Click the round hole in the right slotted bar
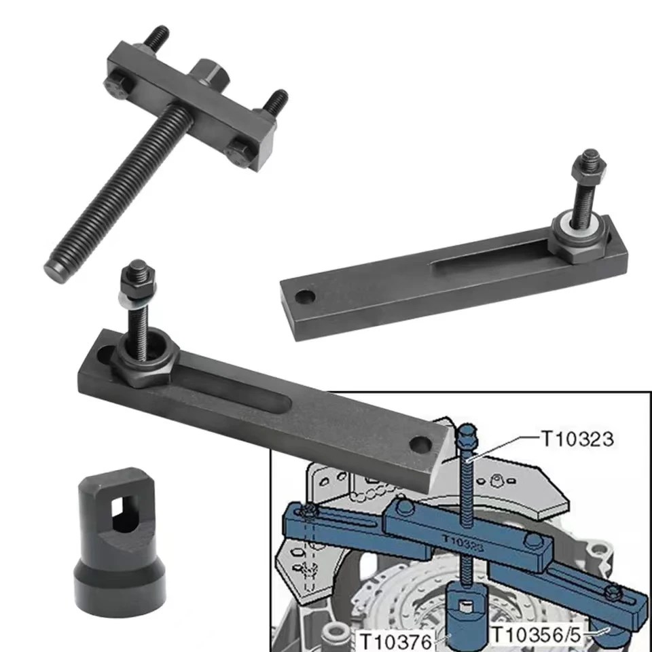[x=306, y=297]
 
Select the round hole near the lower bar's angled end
[x=420, y=445]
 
